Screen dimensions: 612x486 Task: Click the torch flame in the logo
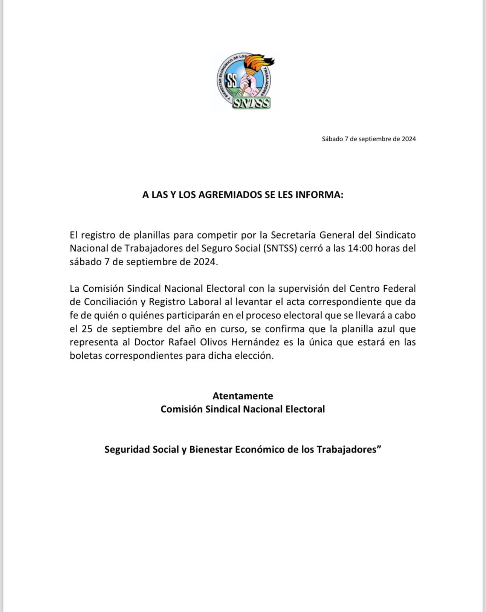(x=260, y=62)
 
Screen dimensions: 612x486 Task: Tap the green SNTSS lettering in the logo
(x=251, y=103)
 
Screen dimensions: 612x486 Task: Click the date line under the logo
(x=368, y=139)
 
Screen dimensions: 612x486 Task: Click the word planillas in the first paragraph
(x=152, y=235)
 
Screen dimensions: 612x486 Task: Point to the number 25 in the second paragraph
(x=87, y=329)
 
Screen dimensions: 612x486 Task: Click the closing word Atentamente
(x=243, y=396)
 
